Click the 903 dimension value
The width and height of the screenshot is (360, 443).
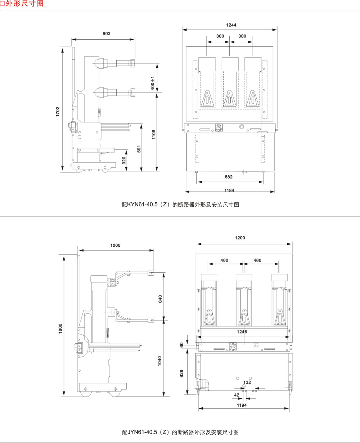pyautogui.click(x=107, y=33)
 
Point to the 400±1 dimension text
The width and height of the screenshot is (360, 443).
pyautogui.click(x=153, y=83)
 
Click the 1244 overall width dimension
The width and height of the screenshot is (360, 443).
pyautogui.click(x=231, y=25)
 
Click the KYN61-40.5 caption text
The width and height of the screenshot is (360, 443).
pyautogui.click(x=180, y=205)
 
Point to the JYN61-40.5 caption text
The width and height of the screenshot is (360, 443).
pyautogui.click(x=180, y=432)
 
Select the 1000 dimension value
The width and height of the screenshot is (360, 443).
pyautogui.click(x=116, y=245)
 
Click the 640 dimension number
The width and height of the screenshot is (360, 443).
pyautogui.click(x=161, y=299)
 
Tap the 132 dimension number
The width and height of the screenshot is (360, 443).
pyautogui.click(x=247, y=382)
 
